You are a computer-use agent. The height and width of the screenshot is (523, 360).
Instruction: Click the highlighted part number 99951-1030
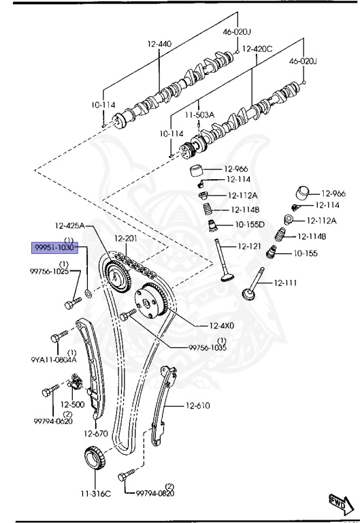54,247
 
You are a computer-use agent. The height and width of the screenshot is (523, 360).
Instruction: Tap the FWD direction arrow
342,504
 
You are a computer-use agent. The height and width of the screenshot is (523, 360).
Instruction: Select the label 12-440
160,44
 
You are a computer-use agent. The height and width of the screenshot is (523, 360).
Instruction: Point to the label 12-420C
257,49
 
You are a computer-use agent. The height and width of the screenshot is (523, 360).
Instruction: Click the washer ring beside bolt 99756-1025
88,294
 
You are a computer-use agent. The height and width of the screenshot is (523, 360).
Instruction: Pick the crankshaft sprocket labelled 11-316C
95,458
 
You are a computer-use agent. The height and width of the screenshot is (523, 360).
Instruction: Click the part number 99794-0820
155,493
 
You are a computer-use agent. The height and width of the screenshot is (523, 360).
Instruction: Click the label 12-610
198,406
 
